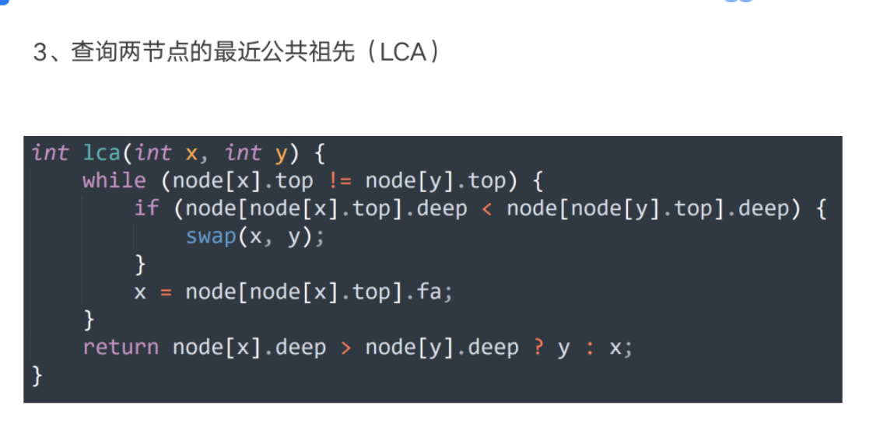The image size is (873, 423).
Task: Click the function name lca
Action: click(x=103, y=152)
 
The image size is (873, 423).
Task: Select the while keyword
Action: click(x=114, y=180)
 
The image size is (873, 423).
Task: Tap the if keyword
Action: click(x=146, y=208)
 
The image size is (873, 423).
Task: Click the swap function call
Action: click(x=211, y=236)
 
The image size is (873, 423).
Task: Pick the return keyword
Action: click(x=121, y=348)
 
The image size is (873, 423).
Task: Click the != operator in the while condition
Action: click(x=339, y=180)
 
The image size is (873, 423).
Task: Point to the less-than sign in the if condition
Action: click(x=486, y=209)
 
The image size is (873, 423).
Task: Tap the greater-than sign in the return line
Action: click(x=345, y=348)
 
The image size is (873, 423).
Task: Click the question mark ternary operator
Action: click(x=538, y=348)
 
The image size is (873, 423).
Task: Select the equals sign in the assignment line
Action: click(x=166, y=292)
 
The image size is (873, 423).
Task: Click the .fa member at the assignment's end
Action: click(x=427, y=292)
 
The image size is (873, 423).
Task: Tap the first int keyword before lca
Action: click(x=50, y=152)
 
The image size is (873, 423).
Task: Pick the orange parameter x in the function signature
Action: click(x=191, y=154)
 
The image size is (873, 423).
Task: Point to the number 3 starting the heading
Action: click(x=39, y=54)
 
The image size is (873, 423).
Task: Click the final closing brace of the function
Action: click(x=37, y=376)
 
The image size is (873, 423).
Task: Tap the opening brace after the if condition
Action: click(x=820, y=208)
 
